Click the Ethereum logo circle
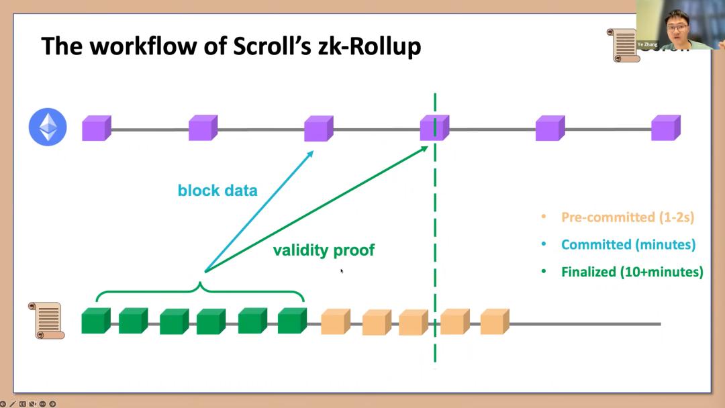tap(48, 127)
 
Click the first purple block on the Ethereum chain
tap(96, 128)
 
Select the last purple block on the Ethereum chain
tap(665, 128)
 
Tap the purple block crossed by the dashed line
tap(434, 128)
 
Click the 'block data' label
tap(217, 191)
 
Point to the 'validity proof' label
tap(324, 250)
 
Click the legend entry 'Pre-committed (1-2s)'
tap(627, 217)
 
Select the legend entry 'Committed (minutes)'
tap(628, 244)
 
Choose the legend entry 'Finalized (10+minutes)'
tap(632, 272)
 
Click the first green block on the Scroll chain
tap(95, 321)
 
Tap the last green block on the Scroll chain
tap(291, 321)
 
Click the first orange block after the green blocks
tap(335, 321)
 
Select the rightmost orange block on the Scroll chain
tap(494, 321)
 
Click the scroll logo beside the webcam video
tap(622, 45)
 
